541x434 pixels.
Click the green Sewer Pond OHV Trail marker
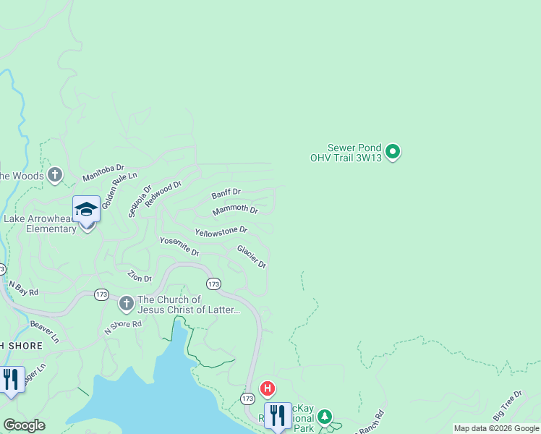coord(393,152)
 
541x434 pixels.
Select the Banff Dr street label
coord(226,194)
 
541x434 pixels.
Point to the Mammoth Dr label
coord(235,210)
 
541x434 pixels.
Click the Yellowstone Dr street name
coord(221,231)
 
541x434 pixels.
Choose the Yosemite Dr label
coord(179,247)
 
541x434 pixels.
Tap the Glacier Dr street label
coord(252,257)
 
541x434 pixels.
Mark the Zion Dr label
coord(140,276)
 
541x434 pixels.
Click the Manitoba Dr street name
coord(103,172)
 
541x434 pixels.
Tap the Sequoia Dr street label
coord(140,201)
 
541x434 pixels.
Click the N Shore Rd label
coord(123,325)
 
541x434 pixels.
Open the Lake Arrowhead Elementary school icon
coord(86,210)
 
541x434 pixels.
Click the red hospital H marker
coord(268,389)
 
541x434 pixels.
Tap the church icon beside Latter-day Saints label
coord(126,303)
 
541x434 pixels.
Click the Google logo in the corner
coord(24,425)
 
